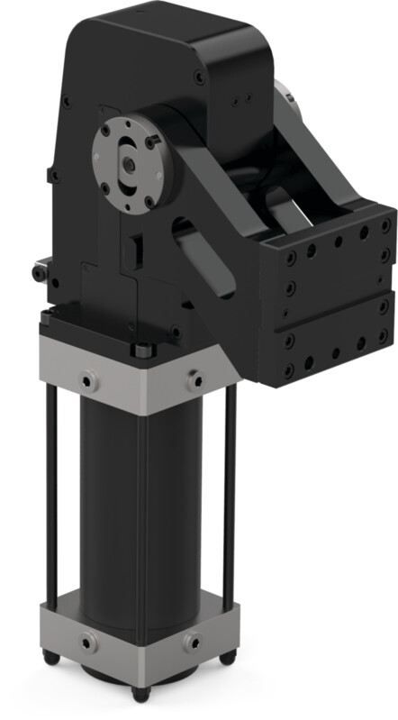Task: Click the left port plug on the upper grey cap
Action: [x=87, y=381]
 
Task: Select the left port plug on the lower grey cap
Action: [x=87, y=643]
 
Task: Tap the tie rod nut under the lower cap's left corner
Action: [x=53, y=661]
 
